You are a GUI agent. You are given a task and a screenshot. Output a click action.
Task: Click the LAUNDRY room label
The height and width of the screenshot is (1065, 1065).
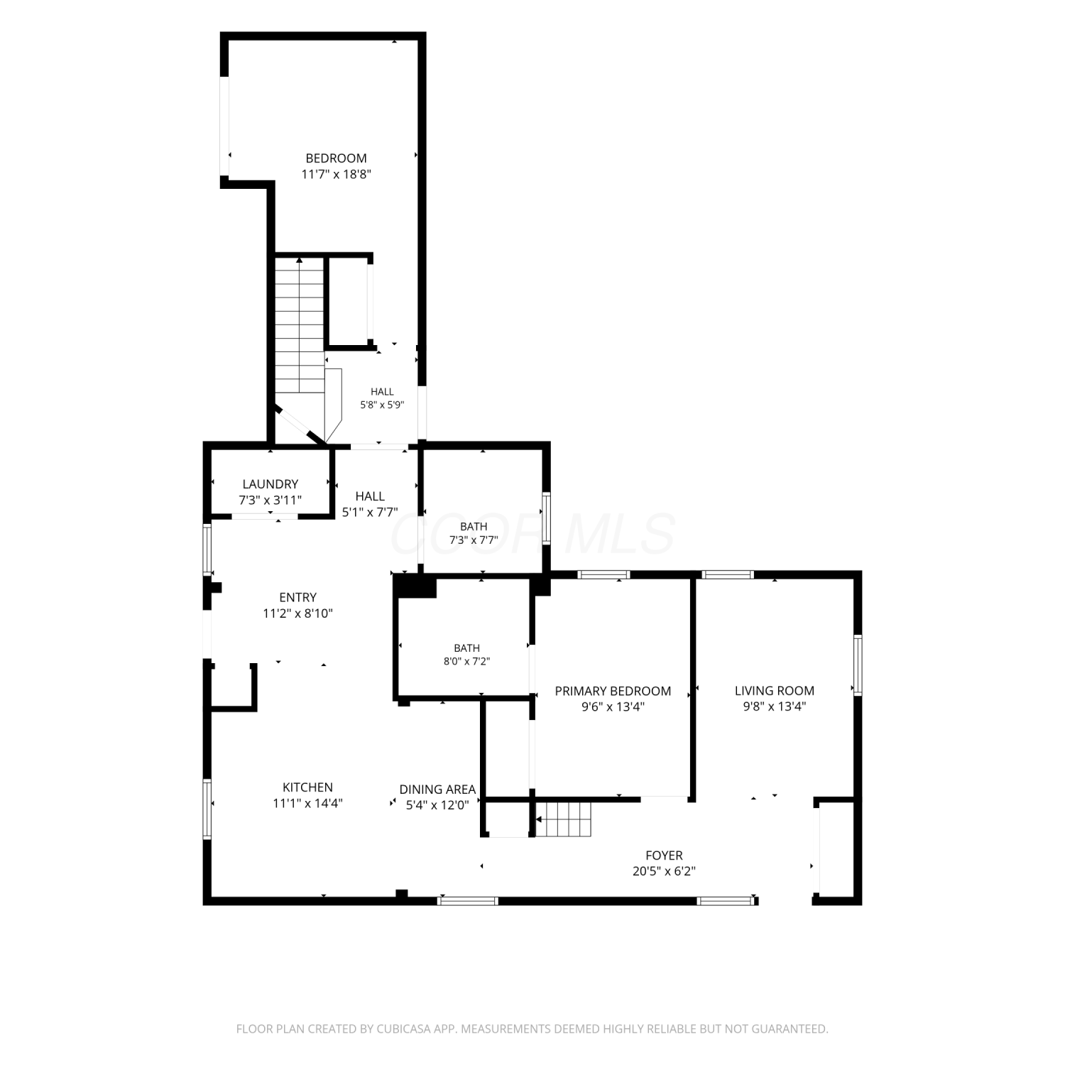click(x=270, y=484)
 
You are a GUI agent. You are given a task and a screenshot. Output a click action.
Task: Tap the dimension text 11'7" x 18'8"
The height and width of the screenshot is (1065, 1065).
click(x=337, y=174)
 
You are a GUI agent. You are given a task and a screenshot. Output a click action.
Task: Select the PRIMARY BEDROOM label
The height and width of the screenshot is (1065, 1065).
click(x=613, y=691)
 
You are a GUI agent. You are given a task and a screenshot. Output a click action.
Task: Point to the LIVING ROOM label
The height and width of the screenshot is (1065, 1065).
click(x=774, y=690)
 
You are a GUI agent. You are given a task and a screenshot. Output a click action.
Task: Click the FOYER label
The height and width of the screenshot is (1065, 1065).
click(x=664, y=856)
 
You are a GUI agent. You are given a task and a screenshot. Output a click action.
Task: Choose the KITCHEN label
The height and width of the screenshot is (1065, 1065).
click(x=307, y=787)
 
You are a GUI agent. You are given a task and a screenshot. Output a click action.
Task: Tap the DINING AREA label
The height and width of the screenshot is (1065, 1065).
click(x=437, y=789)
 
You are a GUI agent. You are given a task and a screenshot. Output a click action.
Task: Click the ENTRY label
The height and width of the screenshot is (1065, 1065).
click(x=297, y=597)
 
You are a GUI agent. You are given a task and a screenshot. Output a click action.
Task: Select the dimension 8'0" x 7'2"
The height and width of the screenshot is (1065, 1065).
click(x=466, y=661)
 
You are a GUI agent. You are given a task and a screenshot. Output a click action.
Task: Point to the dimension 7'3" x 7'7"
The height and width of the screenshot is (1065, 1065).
click(x=474, y=540)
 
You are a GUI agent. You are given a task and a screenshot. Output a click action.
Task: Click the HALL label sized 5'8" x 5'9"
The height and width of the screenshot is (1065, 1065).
click(x=382, y=391)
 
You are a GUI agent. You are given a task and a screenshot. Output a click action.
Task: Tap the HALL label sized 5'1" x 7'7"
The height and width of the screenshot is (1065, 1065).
click(x=370, y=496)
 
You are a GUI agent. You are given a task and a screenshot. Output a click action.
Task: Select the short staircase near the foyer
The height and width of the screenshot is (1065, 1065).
click(x=563, y=819)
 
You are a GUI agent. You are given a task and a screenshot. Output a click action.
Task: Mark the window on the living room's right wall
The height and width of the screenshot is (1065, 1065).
click(x=858, y=665)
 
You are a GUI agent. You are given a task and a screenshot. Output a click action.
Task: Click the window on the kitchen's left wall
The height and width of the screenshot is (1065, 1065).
click(x=207, y=809)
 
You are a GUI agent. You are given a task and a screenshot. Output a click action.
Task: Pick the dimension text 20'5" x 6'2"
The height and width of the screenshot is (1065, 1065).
click(x=664, y=871)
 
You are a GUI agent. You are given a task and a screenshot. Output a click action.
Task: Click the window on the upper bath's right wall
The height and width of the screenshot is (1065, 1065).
click(x=546, y=518)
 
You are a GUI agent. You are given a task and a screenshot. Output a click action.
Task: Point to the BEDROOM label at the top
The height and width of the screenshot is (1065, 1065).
click(x=336, y=158)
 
